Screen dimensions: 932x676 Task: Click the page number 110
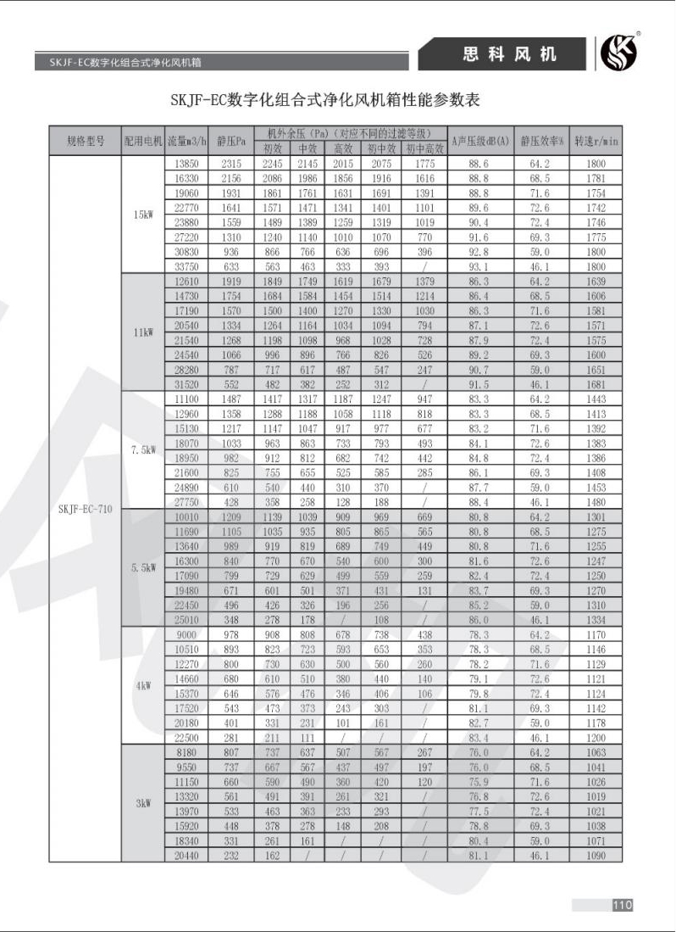(x=623, y=905)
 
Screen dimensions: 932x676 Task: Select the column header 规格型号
(x=86, y=141)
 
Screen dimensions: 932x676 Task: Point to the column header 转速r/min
(x=596, y=141)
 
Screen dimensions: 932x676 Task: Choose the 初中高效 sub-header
(x=424, y=148)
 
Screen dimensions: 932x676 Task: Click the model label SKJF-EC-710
(x=86, y=509)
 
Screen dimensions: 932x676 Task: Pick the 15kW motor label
(x=143, y=215)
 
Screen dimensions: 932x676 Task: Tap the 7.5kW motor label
(x=143, y=450)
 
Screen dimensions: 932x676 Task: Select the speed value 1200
(x=596, y=738)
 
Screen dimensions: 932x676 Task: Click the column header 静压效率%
(x=541, y=141)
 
